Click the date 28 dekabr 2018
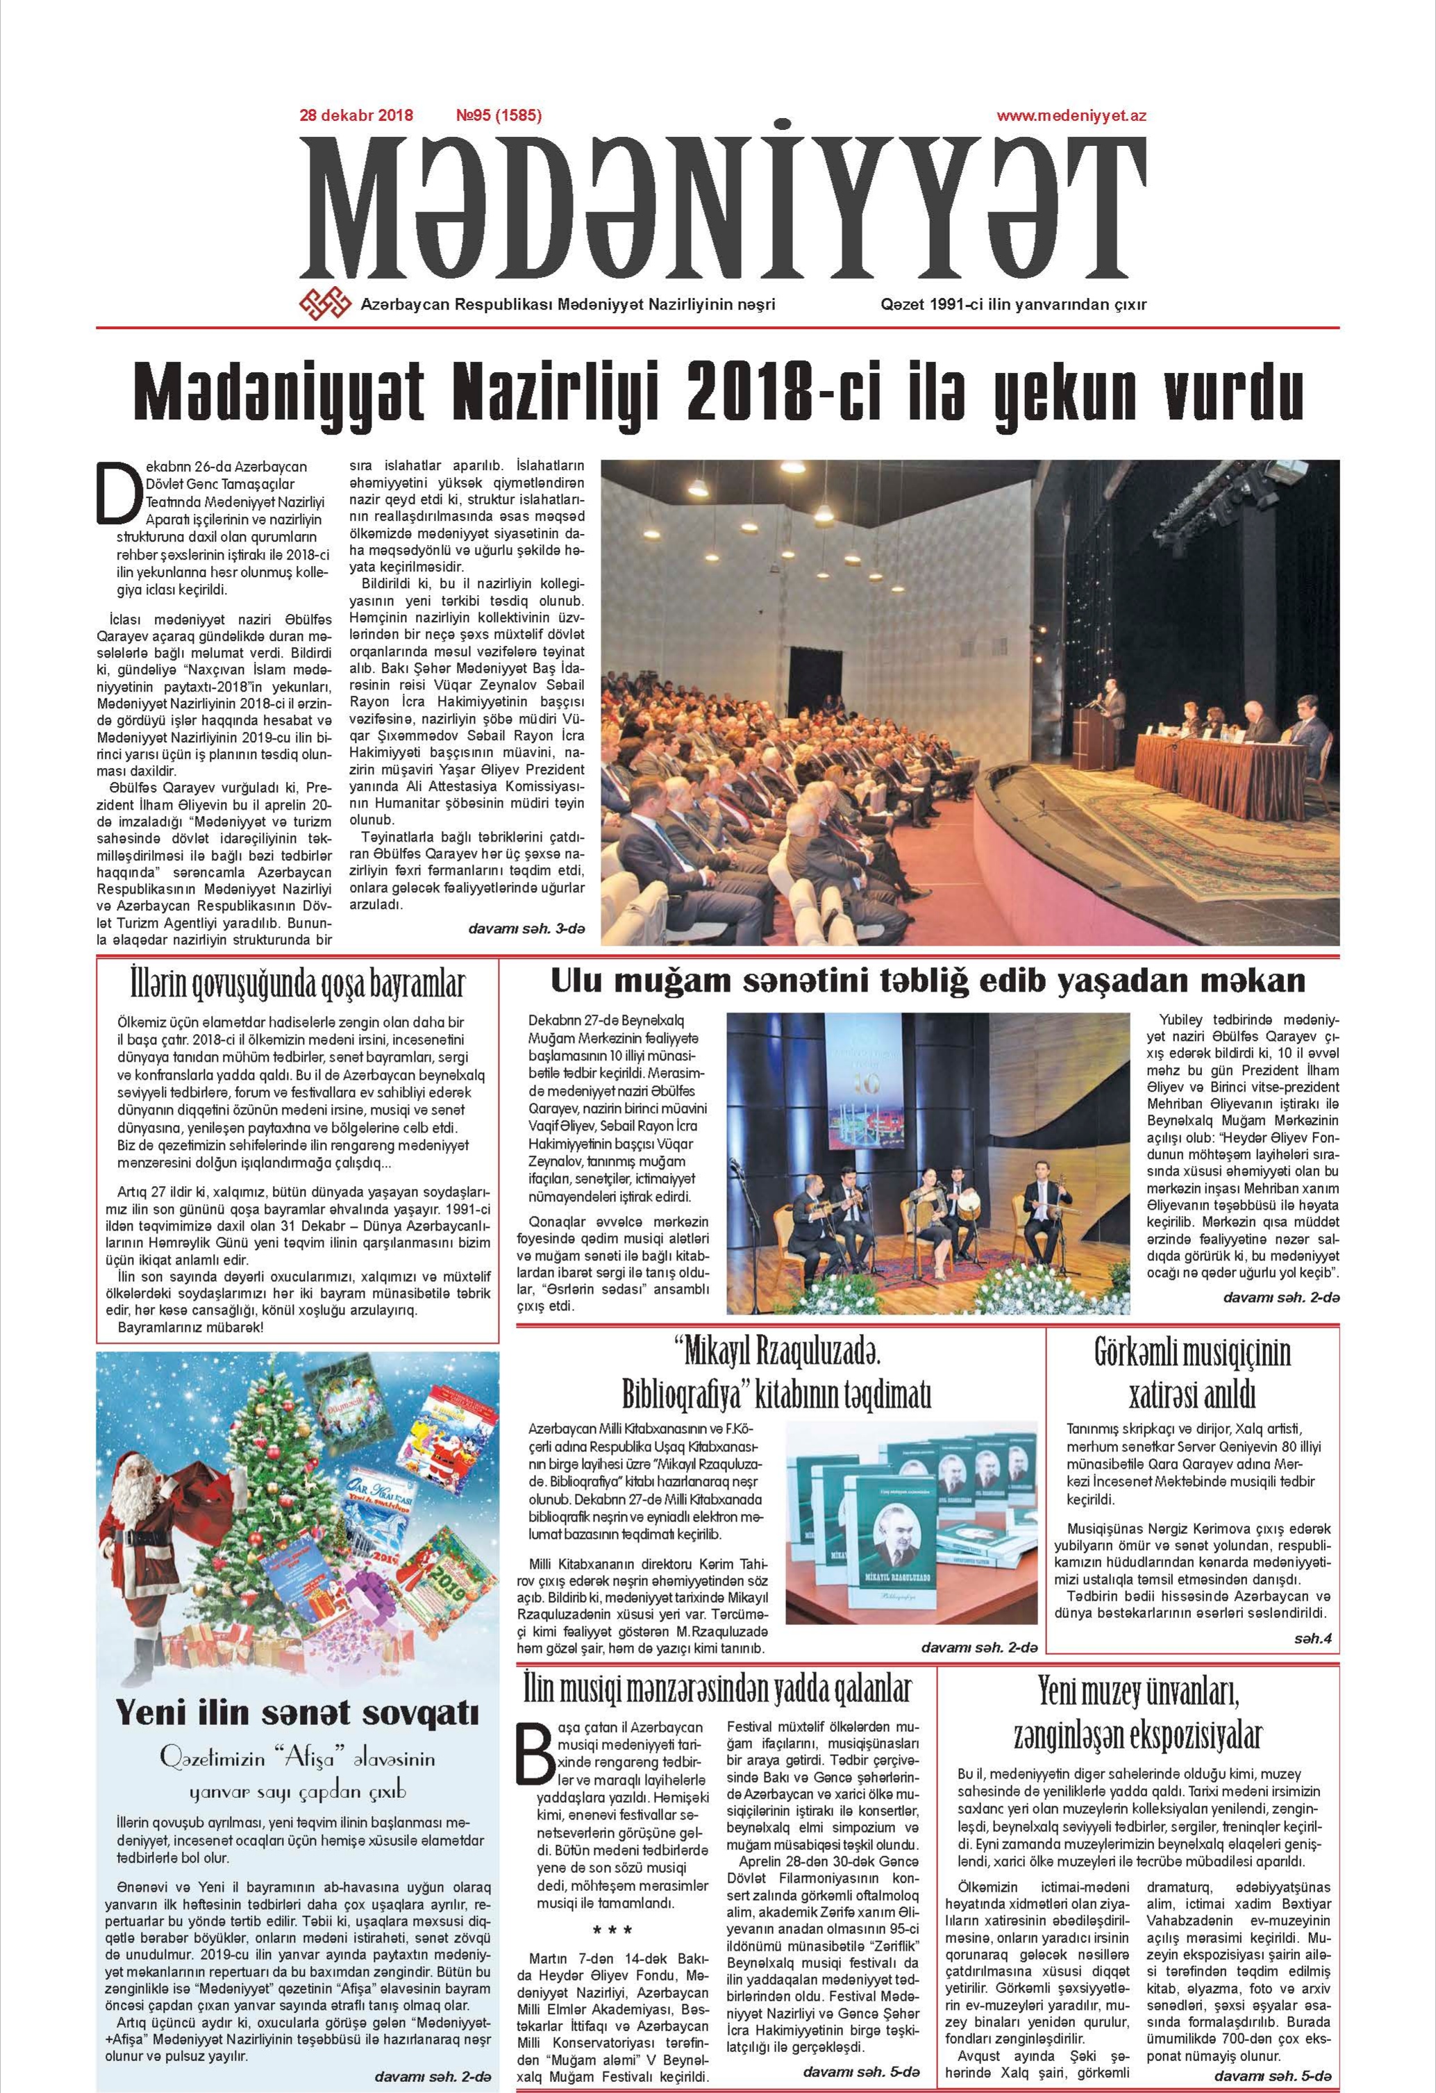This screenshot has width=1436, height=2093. [356, 115]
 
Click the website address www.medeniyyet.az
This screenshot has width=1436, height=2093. [1071, 115]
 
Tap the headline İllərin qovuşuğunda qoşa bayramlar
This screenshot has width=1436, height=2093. [297, 985]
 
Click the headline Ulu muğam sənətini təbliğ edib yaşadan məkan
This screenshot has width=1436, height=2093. [927, 979]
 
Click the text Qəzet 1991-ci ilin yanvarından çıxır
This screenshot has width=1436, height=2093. [1014, 304]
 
